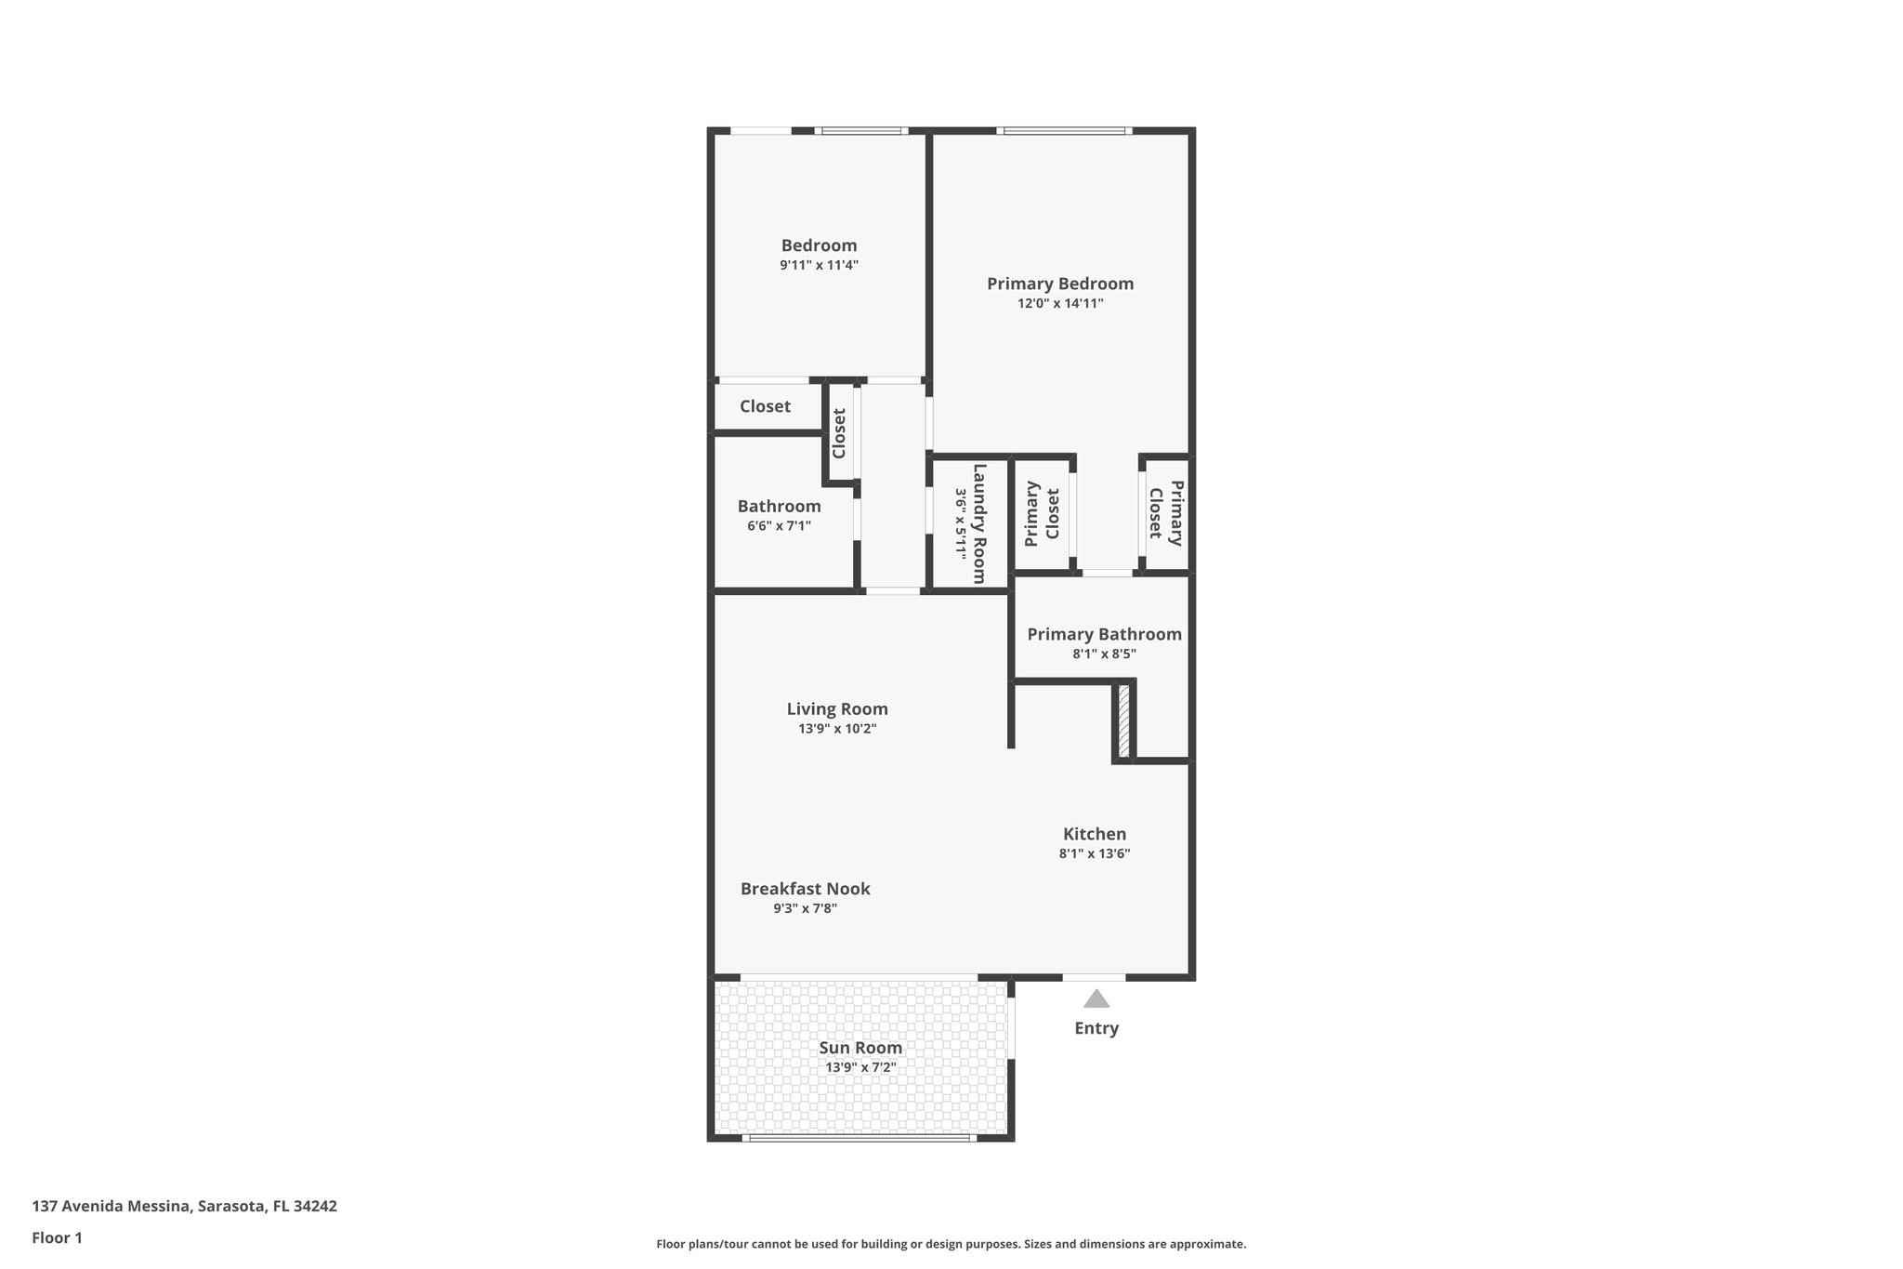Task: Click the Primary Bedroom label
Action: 1059,284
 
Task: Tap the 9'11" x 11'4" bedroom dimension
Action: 819,265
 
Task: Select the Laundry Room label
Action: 978,523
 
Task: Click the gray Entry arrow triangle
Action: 1096,999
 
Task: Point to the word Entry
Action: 1096,1028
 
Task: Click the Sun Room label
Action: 860,1048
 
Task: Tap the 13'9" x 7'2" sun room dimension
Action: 860,1067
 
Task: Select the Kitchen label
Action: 1095,834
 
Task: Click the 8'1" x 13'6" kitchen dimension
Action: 1095,853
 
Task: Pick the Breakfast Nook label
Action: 805,889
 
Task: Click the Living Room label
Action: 837,708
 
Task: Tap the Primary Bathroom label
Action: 1104,634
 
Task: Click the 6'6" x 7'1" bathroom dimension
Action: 779,526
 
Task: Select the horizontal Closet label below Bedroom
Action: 765,406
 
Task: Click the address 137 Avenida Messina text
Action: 184,1207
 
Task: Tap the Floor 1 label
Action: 57,1237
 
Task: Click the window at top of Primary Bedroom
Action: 1064,131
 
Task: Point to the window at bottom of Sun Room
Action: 860,1137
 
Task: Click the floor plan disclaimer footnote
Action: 951,1244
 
